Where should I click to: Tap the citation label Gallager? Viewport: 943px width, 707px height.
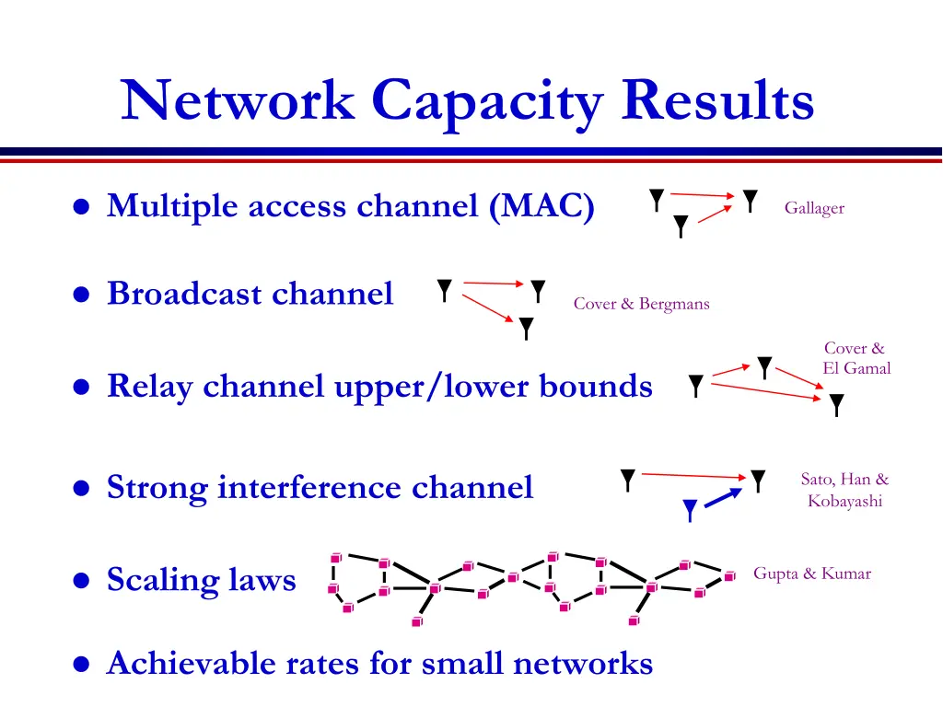point(814,208)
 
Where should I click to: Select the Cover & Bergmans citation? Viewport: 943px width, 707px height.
point(641,304)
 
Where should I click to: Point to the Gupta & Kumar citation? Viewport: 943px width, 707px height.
point(811,574)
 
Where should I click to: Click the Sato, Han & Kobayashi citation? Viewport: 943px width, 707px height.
point(844,490)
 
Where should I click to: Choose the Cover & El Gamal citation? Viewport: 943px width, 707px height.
point(856,358)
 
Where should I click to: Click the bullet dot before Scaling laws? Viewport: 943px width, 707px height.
point(82,581)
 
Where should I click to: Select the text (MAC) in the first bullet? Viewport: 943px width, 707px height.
point(542,205)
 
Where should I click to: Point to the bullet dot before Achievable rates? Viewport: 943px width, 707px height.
point(82,664)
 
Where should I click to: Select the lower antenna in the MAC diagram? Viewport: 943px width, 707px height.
point(681,226)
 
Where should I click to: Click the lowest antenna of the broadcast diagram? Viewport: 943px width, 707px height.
point(526,328)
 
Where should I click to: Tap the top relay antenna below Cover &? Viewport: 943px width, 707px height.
point(764,367)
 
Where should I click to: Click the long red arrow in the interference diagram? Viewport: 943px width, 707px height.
point(691,475)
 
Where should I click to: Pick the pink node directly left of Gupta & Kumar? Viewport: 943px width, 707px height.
point(729,576)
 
